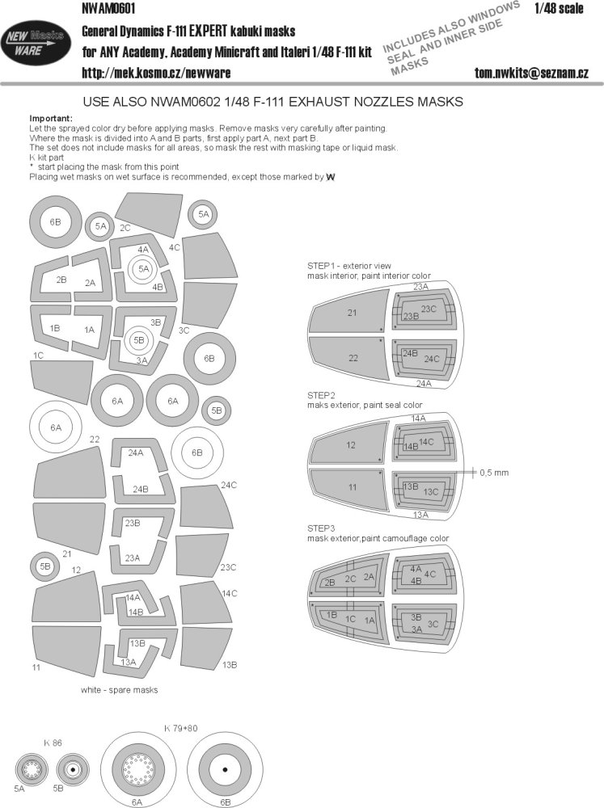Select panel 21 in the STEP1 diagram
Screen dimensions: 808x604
[352, 313]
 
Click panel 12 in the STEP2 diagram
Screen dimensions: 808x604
[351, 444]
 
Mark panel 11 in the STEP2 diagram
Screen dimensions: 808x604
[351, 487]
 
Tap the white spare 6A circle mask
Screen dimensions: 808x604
[57, 428]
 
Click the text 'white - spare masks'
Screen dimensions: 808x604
[119, 690]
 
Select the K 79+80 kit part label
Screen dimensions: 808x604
[180, 728]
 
